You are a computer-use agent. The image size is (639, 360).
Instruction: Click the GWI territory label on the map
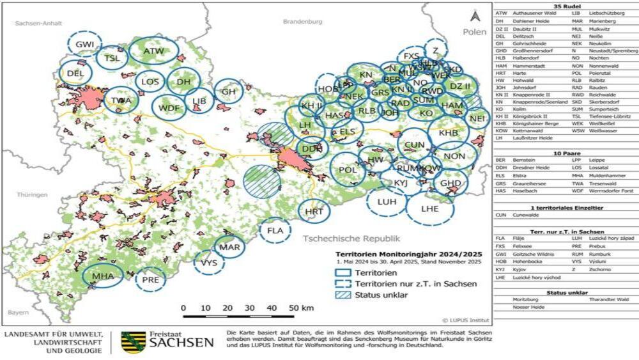pyautogui.click(x=85, y=44)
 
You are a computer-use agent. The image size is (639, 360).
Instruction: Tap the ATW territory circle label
pyautogui.click(x=153, y=51)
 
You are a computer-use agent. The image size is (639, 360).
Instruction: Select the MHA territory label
pyautogui.click(x=103, y=276)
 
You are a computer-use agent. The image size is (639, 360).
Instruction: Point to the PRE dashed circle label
pyautogui.click(x=151, y=279)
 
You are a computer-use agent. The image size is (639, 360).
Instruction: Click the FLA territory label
pyautogui.click(x=275, y=230)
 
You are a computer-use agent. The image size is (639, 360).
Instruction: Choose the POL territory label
pyautogui.click(x=348, y=170)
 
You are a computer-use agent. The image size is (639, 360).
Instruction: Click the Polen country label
pyautogui.click(x=475, y=31)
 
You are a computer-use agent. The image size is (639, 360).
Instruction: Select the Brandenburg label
pyautogui.click(x=302, y=21)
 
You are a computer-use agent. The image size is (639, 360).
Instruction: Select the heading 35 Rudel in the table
pyautogui.click(x=566, y=6)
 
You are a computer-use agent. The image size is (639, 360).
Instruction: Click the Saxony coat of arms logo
pyautogui.click(x=133, y=341)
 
